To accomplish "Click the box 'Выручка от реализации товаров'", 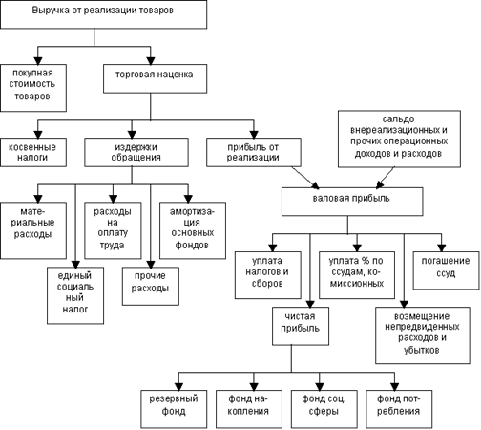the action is click(x=104, y=14).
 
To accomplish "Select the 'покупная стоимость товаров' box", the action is click(x=33, y=88).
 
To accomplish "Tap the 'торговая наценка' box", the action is click(x=155, y=78).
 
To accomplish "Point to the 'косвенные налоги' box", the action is click(x=33, y=152).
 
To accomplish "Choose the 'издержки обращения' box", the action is click(x=136, y=152).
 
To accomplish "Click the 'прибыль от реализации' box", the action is click(x=254, y=152).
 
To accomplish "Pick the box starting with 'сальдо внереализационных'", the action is click(x=399, y=139).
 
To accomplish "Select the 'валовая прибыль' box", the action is click(x=352, y=202).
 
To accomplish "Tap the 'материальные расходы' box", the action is click(x=33, y=230).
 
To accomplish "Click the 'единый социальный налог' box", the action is click(x=75, y=295).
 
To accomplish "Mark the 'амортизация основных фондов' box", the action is click(x=193, y=230).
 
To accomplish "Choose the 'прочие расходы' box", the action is click(x=151, y=287).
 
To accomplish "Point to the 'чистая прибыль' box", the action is click(x=301, y=326).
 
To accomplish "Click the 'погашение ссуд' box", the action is click(x=446, y=270).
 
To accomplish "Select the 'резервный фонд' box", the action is click(x=174, y=409).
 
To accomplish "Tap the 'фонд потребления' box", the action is click(x=399, y=409).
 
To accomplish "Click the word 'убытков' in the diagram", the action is click(x=422, y=350).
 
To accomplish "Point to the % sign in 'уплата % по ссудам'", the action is click(x=365, y=261).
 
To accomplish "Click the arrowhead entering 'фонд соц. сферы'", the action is click(x=320, y=386).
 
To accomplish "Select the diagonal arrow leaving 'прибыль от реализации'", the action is click(x=305, y=178).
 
